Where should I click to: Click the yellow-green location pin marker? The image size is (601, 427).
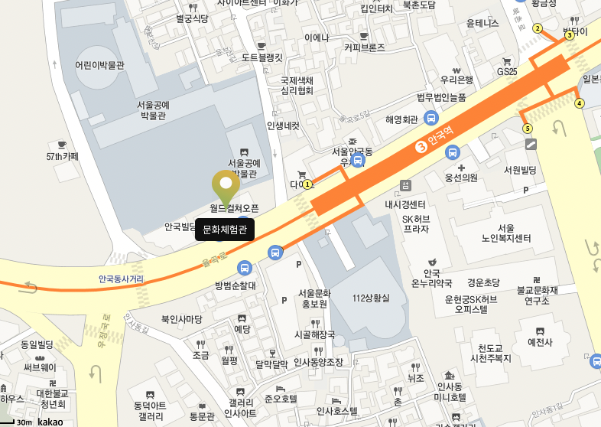click(x=226, y=184)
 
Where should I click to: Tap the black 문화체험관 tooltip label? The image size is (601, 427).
click(x=225, y=230)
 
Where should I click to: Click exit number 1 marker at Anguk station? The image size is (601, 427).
click(x=307, y=184)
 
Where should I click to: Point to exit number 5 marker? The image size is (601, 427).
click(x=528, y=128)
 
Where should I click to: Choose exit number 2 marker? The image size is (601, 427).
click(x=538, y=29)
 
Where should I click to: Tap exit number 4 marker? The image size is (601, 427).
click(x=579, y=103)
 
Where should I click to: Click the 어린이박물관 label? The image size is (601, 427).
click(x=100, y=65)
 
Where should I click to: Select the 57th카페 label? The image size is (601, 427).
click(x=62, y=156)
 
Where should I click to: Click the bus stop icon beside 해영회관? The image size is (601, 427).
click(x=431, y=119)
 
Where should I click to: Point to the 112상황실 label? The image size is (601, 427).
click(x=371, y=298)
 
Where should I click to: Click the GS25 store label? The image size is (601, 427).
click(x=507, y=71)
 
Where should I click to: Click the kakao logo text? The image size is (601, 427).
click(x=50, y=421)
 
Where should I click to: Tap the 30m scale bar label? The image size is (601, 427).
click(x=24, y=422)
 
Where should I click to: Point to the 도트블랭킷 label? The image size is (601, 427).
click(x=262, y=57)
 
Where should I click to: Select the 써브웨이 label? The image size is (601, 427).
click(x=38, y=367)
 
